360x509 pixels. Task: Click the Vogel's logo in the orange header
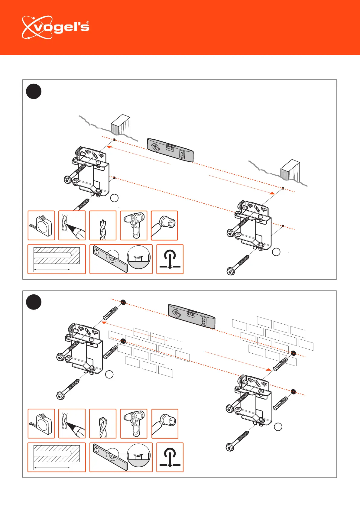coord(55,28)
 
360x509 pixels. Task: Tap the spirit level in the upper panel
coord(170,150)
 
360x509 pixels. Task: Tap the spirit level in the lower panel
coord(191,316)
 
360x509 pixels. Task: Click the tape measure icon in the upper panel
coord(41,225)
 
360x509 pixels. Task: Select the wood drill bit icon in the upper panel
coord(103,225)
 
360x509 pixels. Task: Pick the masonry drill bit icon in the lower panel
coord(103,424)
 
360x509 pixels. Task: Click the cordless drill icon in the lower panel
coord(134,424)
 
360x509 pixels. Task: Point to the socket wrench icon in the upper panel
coord(164,225)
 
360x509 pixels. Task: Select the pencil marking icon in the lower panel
coord(72,424)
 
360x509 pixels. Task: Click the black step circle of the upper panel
coord(34,91)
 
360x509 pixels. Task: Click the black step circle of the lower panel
coord(34,302)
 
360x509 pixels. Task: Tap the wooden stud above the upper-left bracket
coord(121,125)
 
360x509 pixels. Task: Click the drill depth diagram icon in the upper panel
coord(57,259)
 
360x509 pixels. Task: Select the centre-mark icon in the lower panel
coord(170,457)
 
